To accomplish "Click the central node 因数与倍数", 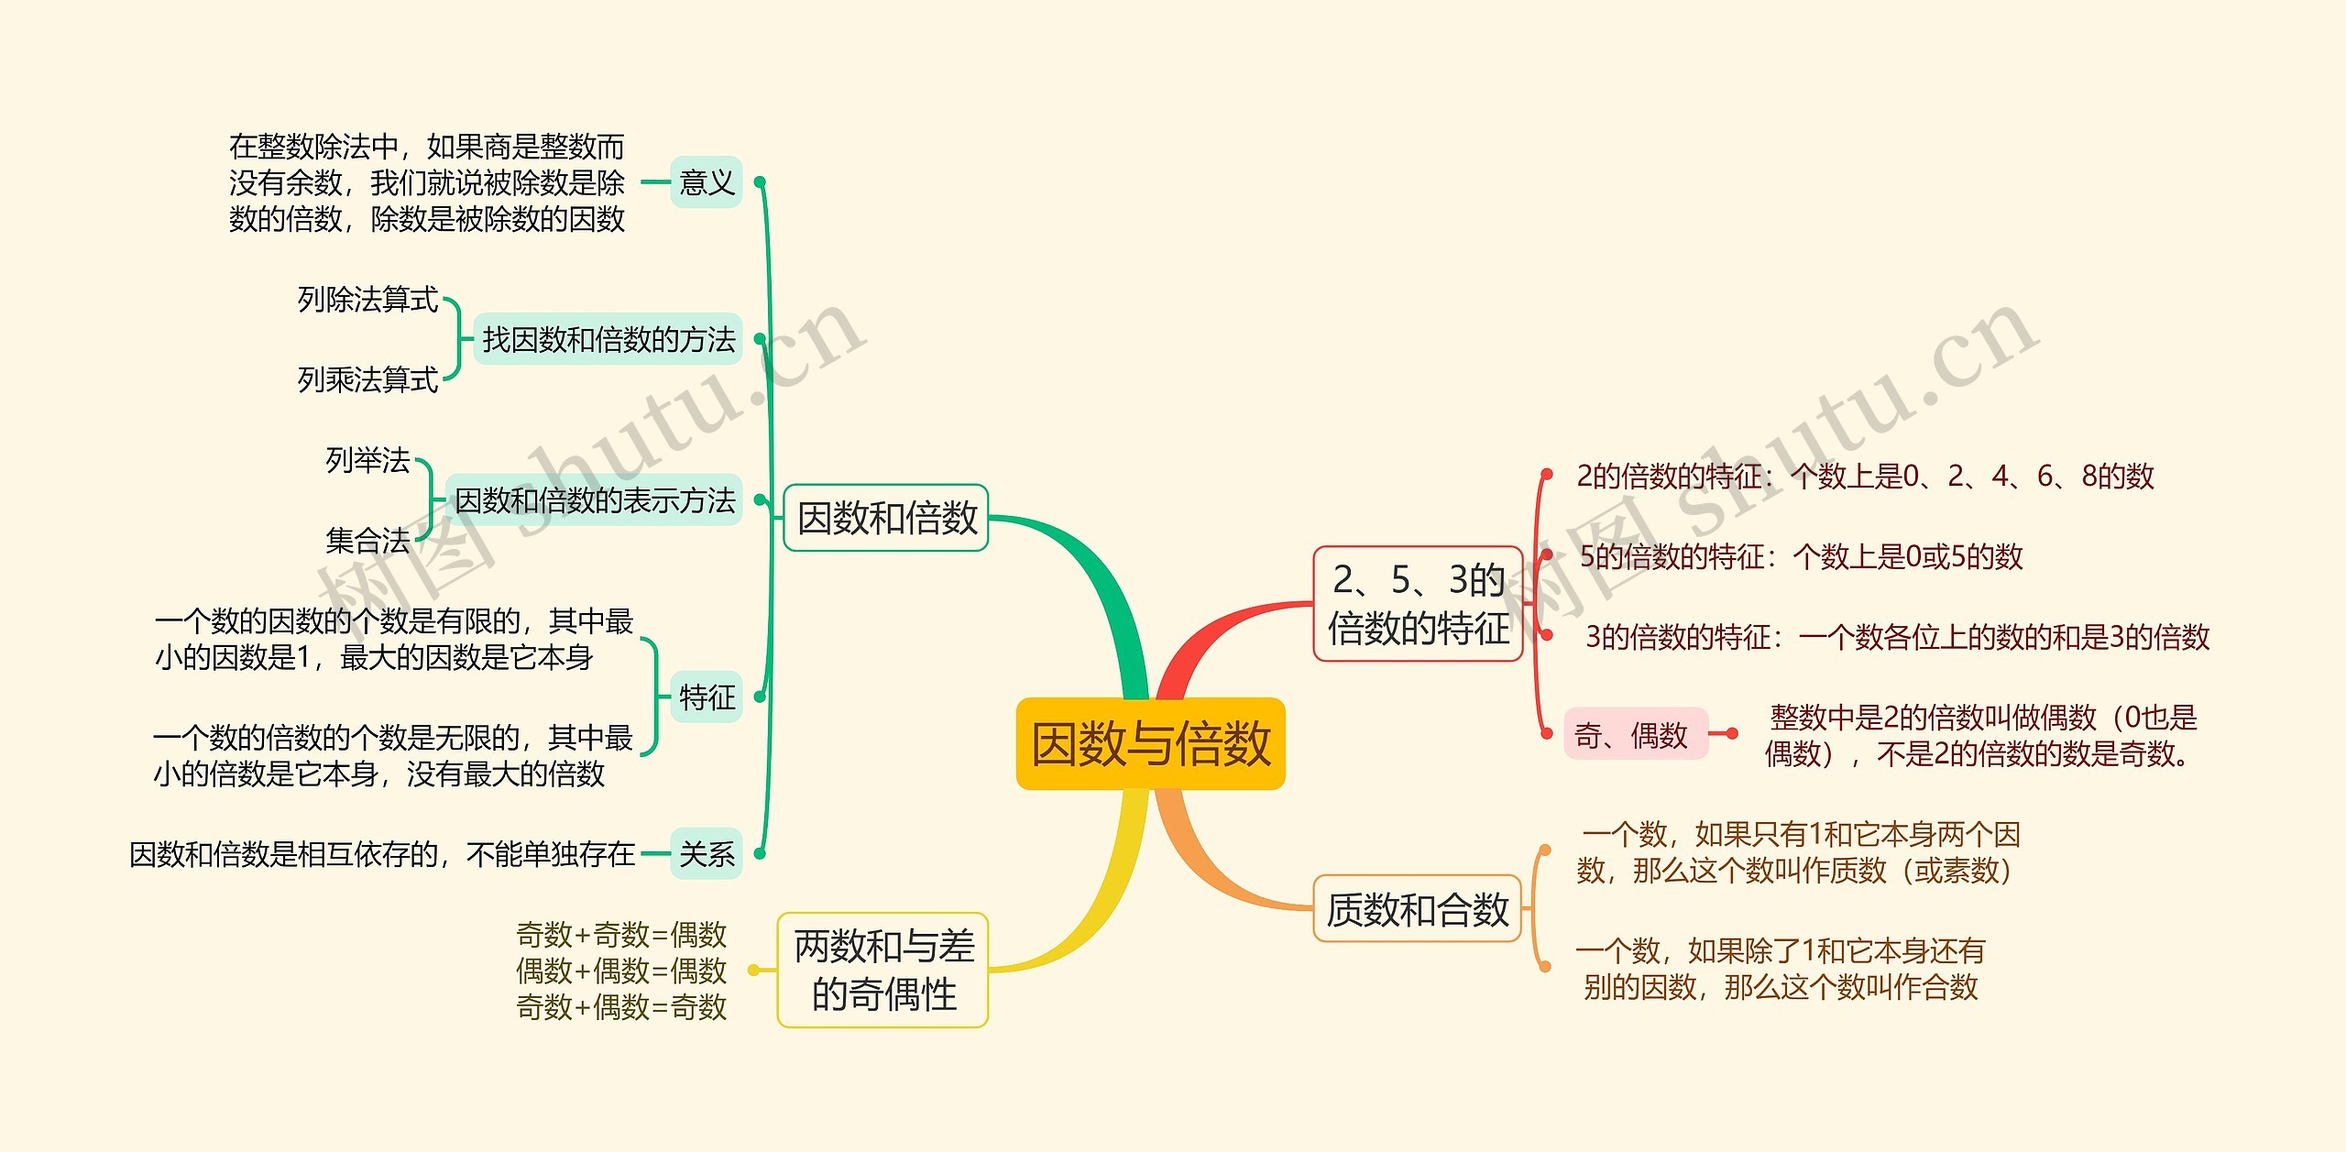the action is (1150, 743).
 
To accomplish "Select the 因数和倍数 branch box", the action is (886, 518).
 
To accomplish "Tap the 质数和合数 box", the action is (1418, 909).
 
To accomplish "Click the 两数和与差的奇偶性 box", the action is (883, 970).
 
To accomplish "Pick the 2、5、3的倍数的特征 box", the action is (1418, 604).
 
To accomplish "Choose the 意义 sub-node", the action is (706, 181).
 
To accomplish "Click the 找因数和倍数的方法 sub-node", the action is (608, 339).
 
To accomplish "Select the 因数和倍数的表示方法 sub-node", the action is (594, 500).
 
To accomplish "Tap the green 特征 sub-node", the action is (706, 697).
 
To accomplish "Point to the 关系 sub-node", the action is (706, 854).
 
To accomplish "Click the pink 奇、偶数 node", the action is (1636, 734).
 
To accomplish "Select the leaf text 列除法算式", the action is (368, 300).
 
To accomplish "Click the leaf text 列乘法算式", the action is (368, 379).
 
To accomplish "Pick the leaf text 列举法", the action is (368, 460).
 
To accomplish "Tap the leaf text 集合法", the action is (368, 541).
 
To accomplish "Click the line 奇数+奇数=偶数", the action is (621, 935).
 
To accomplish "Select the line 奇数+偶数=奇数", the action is (621, 1007).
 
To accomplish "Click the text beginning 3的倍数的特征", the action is (1898, 637).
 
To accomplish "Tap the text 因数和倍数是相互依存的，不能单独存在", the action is (382, 854).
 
